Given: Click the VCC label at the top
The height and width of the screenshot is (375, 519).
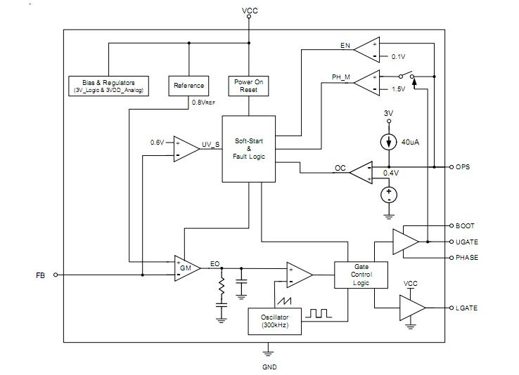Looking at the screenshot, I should (250, 11).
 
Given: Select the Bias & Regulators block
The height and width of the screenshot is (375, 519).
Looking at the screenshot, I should (108, 86).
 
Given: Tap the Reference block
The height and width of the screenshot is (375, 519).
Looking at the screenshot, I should (188, 86).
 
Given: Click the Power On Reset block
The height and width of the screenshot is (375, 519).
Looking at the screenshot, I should (248, 86).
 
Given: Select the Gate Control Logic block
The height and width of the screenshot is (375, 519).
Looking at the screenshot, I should (361, 274).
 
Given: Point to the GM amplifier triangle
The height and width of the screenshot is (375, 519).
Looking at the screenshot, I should (187, 268).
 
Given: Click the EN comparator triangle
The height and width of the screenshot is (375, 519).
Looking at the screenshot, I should (366, 49).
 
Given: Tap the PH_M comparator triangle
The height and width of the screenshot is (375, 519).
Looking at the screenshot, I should (366, 84).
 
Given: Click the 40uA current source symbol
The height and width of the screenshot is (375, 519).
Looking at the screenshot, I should (388, 142).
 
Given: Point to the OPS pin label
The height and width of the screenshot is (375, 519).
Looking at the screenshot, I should (463, 167).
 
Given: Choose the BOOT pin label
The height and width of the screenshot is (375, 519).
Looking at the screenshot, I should (465, 226).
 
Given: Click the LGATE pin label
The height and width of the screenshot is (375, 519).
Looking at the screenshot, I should (466, 308).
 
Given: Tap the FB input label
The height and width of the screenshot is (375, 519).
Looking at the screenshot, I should (40, 275).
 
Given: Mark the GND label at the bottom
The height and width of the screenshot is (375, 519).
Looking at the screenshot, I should (270, 367).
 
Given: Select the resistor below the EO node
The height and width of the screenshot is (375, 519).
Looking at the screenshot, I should (222, 288).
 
